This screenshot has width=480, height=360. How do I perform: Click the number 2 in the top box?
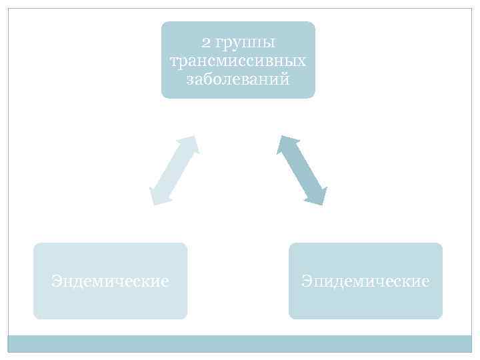click(206, 43)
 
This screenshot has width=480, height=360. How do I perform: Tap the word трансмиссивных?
click(238, 61)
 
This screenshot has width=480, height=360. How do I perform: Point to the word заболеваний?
click(238, 80)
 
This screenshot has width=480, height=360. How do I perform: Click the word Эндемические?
click(110, 281)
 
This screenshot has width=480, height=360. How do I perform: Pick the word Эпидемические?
click(365, 281)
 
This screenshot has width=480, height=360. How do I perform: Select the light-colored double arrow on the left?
click(173, 170)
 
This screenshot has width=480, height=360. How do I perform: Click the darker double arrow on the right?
click(302, 170)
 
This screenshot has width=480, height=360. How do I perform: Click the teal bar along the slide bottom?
click(239, 343)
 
